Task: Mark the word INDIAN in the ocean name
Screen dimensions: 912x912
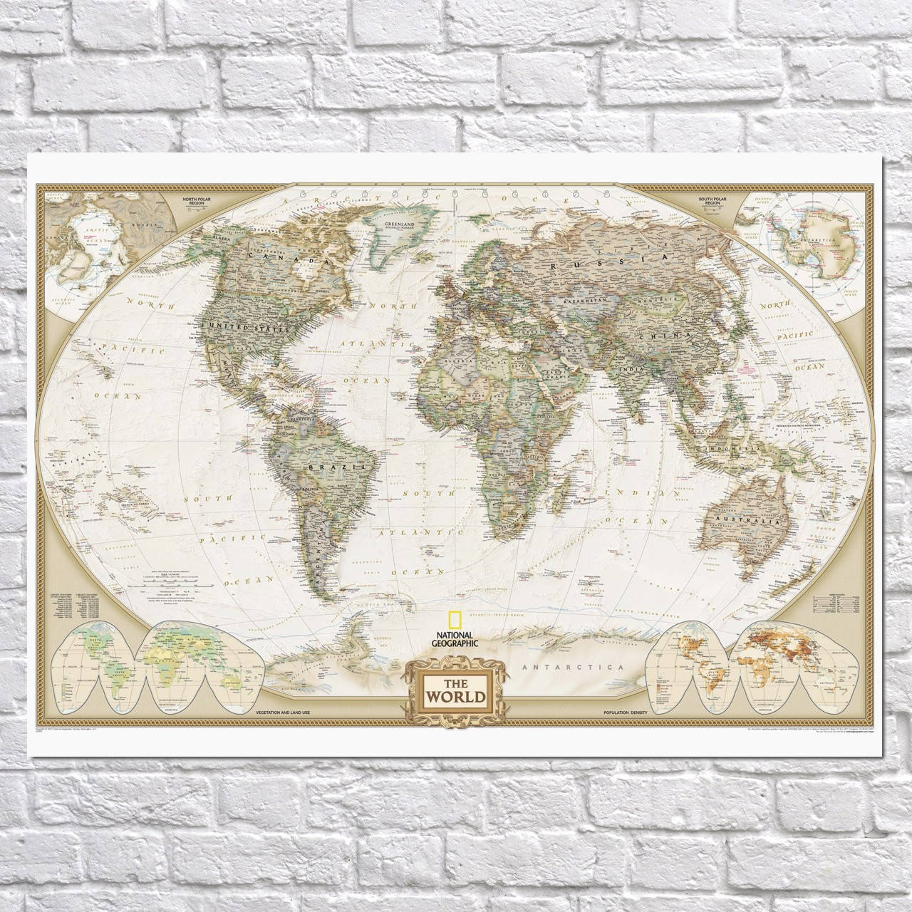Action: [651, 492]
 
